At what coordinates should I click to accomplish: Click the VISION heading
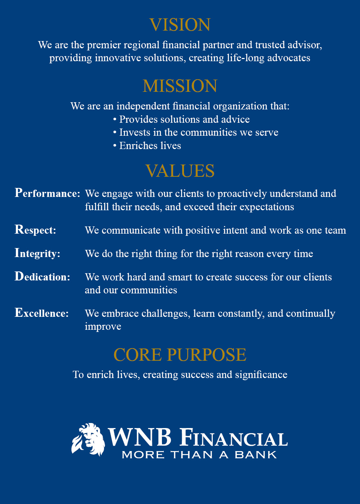[180, 24]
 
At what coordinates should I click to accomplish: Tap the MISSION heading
[180, 86]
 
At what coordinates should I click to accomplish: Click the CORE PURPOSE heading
[180, 355]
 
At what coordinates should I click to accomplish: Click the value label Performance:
[47, 193]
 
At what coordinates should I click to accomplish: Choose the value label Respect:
[35, 230]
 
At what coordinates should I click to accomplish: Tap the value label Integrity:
[37, 253]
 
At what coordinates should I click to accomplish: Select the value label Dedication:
[42, 276]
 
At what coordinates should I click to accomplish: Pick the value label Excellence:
[42, 313]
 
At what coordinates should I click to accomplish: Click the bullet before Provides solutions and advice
[115, 119]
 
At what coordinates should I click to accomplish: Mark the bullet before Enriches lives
[115, 145]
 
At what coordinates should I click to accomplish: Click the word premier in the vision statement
[104, 45]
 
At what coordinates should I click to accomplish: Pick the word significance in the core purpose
[261, 375]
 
